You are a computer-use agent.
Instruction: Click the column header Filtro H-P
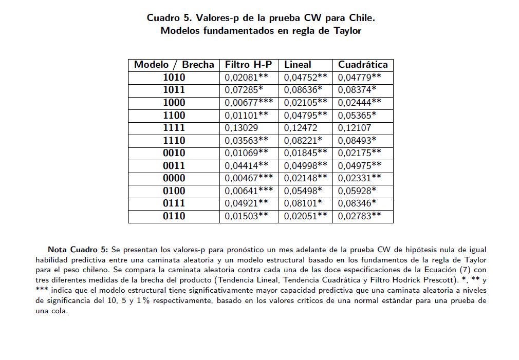249,65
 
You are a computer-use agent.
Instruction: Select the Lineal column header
298,65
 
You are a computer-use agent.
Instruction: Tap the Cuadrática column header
363,65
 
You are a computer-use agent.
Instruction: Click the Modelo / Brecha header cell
174,65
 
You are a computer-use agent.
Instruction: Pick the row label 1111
174,128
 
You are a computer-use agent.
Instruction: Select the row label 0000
174,178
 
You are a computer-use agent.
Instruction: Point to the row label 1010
174,78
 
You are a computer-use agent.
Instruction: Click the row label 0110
174,216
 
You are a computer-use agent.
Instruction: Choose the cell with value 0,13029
242,128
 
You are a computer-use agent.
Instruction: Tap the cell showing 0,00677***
249,103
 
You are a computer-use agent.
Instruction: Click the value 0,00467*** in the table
249,178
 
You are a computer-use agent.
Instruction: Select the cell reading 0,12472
301,128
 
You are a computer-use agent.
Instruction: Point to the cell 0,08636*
303,90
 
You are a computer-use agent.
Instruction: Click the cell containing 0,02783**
360,216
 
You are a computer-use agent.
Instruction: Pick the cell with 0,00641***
249,191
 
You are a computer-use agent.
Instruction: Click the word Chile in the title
362,18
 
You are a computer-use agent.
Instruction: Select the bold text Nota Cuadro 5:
78,250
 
